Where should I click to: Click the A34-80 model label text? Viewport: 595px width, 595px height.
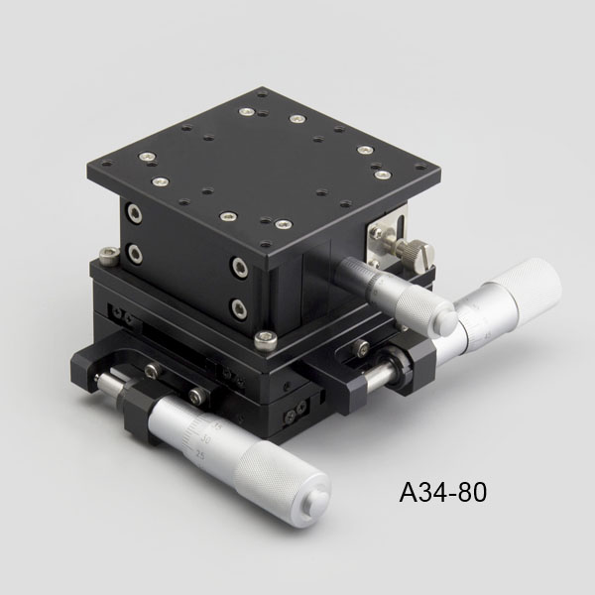pyautogui.click(x=442, y=492)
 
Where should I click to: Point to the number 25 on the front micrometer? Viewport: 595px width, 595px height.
pyautogui.click(x=200, y=454)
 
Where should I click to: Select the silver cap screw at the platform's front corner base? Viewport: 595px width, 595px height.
pyautogui.click(x=266, y=339)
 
